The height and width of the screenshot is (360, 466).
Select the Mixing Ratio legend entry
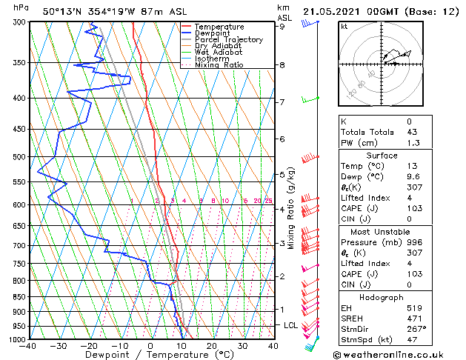219,66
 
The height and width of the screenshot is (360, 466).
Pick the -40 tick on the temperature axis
29,346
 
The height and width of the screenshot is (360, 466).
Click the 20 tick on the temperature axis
212,346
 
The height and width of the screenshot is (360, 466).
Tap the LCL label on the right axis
291,325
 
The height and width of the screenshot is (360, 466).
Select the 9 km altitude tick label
282,27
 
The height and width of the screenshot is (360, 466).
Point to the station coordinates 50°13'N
61,11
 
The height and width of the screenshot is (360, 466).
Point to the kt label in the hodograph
344,27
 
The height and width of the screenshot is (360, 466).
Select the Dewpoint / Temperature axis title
150,356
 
